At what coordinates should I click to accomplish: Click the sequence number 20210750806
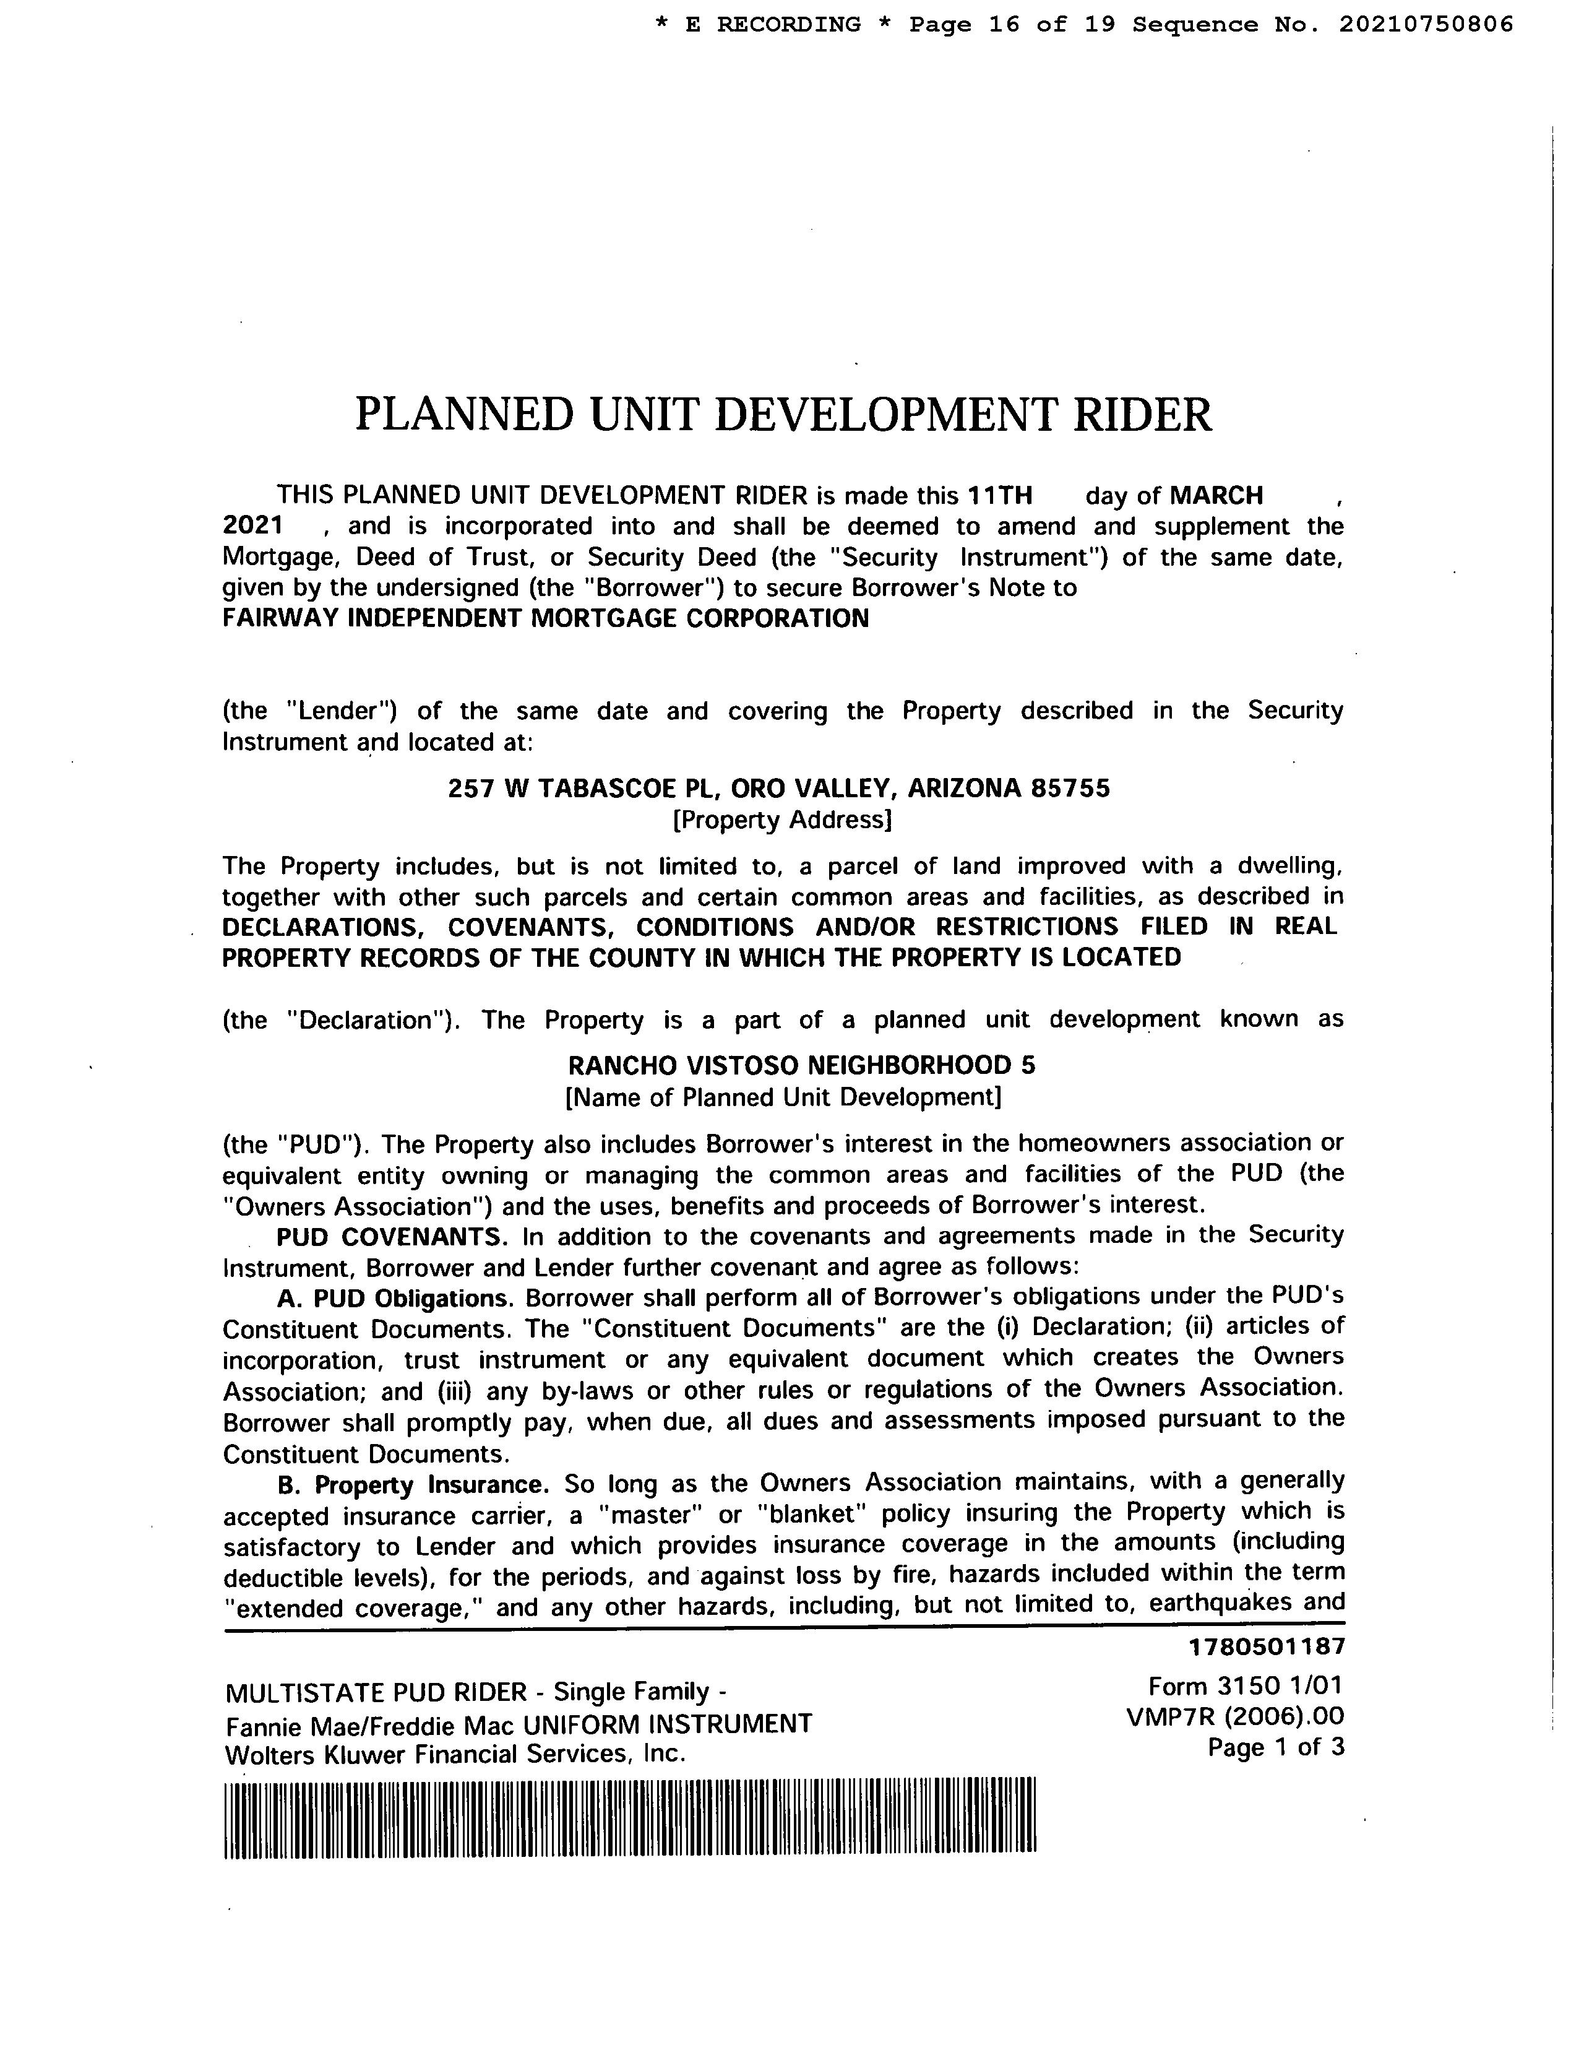(x=1424, y=24)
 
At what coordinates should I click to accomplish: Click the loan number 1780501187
(x=1266, y=1646)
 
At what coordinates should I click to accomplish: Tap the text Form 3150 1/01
(x=1246, y=1687)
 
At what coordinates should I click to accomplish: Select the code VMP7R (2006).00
(x=1235, y=1717)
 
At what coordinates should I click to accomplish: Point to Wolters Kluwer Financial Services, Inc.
(x=456, y=1754)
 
